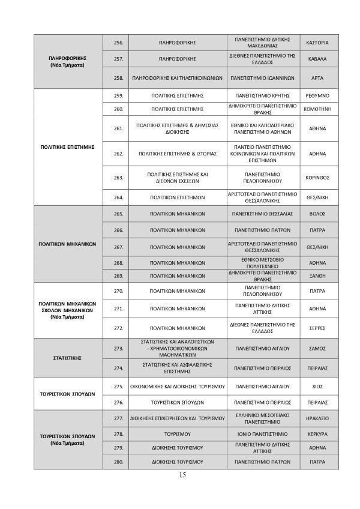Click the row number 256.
118,43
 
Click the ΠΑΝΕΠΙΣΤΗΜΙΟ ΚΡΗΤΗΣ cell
263,95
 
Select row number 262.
118,154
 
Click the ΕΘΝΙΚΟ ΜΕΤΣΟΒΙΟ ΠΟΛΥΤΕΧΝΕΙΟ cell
263,263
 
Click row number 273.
118,348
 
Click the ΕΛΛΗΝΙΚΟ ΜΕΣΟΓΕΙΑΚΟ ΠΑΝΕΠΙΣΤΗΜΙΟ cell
263,418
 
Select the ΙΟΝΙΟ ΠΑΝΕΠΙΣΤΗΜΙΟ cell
263,433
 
